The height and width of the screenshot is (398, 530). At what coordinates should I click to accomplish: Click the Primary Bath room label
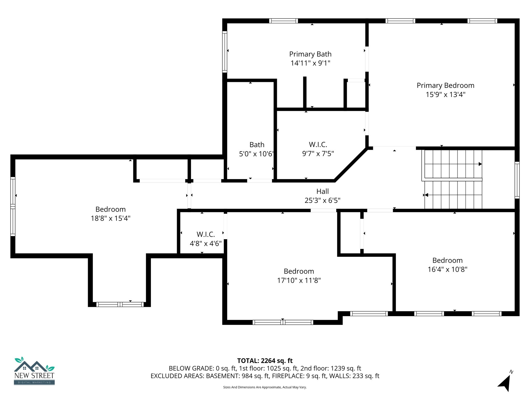pyautogui.click(x=310, y=54)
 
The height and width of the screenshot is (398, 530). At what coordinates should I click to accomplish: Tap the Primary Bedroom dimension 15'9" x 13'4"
pyautogui.click(x=445, y=95)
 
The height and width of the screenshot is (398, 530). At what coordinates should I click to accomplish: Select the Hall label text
pyautogui.click(x=322, y=191)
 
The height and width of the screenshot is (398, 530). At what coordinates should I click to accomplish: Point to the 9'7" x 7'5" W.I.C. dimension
pyautogui.click(x=318, y=154)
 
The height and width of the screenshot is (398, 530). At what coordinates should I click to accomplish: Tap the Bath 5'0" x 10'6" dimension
pyautogui.click(x=256, y=154)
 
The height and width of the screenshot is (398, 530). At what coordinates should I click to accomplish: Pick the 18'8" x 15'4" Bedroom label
pyautogui.click(x=111, y=209)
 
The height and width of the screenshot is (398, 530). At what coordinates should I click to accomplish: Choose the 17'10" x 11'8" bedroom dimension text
pyautogui.click(x=299, y=280)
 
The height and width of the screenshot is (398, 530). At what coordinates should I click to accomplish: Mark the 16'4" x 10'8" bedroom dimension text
pyautogui.click(x=447, y=269)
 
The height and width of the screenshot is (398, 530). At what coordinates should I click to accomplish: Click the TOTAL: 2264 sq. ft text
pyautogui.click(x=265, y=361)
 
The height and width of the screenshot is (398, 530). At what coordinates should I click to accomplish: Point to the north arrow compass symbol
pyautogui.click(x=505, y=382)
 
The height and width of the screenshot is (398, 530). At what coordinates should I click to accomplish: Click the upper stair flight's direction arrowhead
pyautogui.click(x=480, y=164)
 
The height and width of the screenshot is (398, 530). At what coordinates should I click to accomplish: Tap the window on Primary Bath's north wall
pyautogui.click(x=283, y=21)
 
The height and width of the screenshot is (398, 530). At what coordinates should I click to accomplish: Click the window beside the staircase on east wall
pyautogui.click(x=517, y=180)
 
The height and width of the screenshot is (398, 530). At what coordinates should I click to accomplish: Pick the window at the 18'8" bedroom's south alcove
pyautogui.click(x=120, y=304)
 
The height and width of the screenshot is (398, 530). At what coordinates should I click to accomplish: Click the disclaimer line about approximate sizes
pyautogui.click(x=265, y=387)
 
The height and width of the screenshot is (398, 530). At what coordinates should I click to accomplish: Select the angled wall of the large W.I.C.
pyautogui.click(x=351, y=164)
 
